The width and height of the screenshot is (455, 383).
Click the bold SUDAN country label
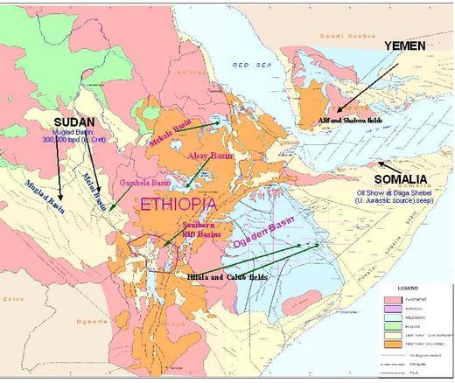73,122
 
